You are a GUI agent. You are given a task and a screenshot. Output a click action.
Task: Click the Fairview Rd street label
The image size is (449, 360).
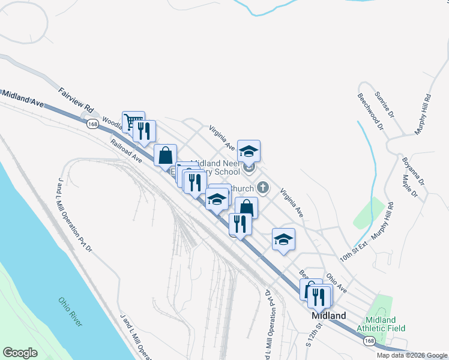[x=76, y=101]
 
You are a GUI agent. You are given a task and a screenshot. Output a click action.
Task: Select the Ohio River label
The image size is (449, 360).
[x=71, y=312]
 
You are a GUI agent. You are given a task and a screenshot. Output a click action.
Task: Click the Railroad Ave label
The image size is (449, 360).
[x=126, y=151]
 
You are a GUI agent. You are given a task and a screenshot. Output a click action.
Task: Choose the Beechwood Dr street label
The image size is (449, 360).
[x=370, y=111]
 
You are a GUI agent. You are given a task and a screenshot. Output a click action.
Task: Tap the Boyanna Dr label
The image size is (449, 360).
[x=413, y=170]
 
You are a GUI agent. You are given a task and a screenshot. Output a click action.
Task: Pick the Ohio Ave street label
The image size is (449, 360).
[x=336, y=283]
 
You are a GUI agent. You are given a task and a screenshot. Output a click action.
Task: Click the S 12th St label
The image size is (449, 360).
[x=315, y=335]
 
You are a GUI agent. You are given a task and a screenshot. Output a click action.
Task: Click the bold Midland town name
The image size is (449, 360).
[x=328, y=316]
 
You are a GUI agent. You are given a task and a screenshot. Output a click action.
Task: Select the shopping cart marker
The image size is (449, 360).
[x=133, y=121]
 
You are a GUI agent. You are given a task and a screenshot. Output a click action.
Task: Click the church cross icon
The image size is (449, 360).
[x=262, y=188]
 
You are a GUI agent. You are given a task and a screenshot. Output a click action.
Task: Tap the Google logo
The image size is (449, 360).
[x=20, y=353]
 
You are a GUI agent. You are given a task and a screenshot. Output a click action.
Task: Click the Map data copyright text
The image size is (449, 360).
[x=411, y=355]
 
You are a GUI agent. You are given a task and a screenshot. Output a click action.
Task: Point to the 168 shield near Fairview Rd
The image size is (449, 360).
[x=92, y=124]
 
